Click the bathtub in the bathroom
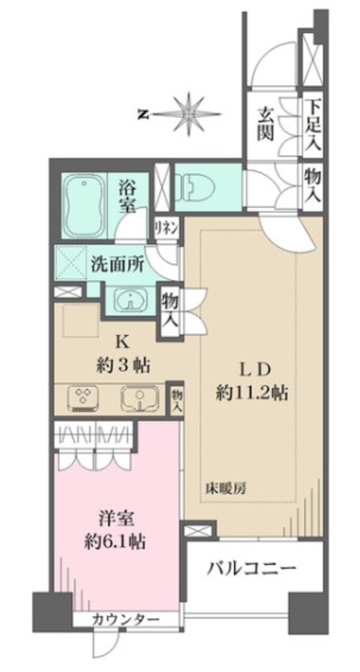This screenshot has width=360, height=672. coord(83,199)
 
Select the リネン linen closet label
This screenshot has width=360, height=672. coord(166,228)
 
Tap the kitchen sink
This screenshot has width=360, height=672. coord(140,398)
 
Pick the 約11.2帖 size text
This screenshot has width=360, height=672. coord(251,393)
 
